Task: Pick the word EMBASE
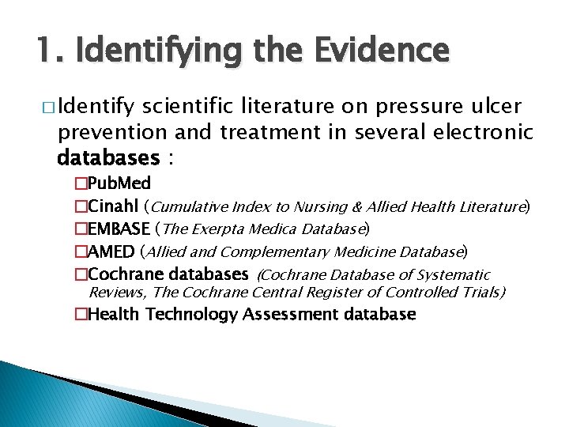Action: tap(118, 230)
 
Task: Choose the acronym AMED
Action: tap(111, 252)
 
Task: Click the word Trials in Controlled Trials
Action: tap(481, 293)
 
